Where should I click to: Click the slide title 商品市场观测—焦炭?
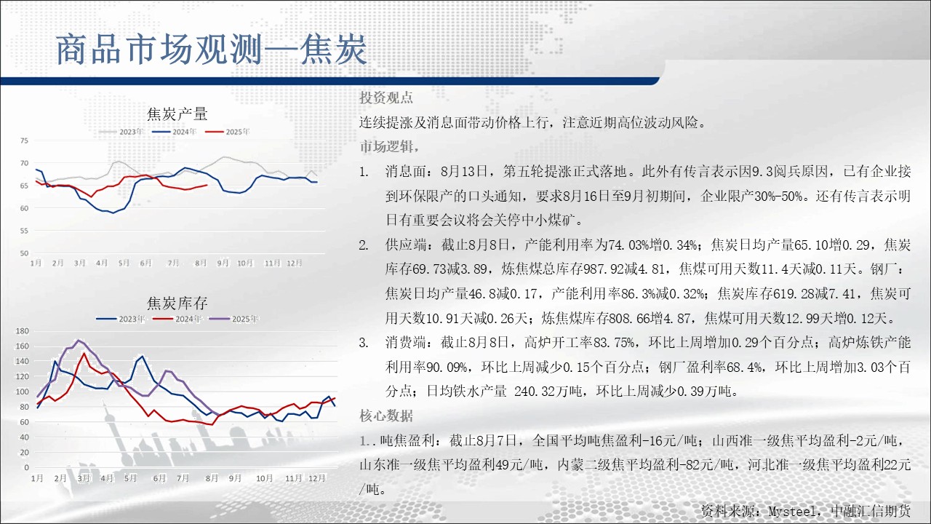[x=211, y=50]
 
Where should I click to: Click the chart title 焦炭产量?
[x=177, y=114]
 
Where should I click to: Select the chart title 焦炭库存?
[x=177, y=303]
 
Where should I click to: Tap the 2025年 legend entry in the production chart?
[x=228, y=132]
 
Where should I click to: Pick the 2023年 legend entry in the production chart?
[x=121, y=132]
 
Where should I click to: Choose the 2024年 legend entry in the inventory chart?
[x=177, y=319]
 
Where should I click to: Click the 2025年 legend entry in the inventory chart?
[x=234, y=319]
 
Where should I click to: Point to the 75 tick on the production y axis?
[x=24, y=140]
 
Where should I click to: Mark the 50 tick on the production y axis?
[x=24, y=253]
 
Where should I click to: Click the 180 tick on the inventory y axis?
[x=22, y=331]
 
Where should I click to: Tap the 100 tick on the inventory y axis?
[x=22, y=392]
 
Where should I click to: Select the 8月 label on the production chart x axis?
[x=201, y=263]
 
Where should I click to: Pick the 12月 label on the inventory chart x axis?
[x=316, y=478]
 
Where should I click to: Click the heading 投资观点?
[x=386, y=98]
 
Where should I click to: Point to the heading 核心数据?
[x=386, y=416]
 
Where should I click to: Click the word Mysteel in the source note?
[x=792, y=511]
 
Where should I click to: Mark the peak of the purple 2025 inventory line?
[x=79, y=340]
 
